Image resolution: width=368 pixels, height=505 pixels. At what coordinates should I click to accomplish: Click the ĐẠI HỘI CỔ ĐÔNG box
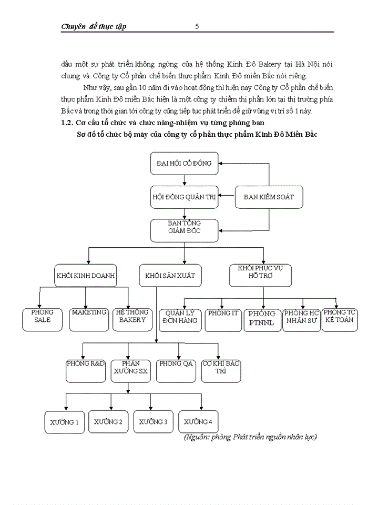point(184,164)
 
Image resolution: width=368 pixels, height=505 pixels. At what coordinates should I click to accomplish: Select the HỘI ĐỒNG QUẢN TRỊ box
point(184,197)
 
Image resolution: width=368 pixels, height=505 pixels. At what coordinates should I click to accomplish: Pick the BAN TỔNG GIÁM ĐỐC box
point(184,227)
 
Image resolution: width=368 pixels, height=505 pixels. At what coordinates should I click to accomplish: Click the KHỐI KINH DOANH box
point(86,275)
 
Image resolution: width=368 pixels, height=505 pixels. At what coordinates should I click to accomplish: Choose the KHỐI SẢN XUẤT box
point(163,275)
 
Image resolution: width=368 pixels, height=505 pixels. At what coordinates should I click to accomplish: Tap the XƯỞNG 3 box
point(153,421)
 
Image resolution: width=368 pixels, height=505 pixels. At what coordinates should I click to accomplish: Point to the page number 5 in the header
point(197,26)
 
